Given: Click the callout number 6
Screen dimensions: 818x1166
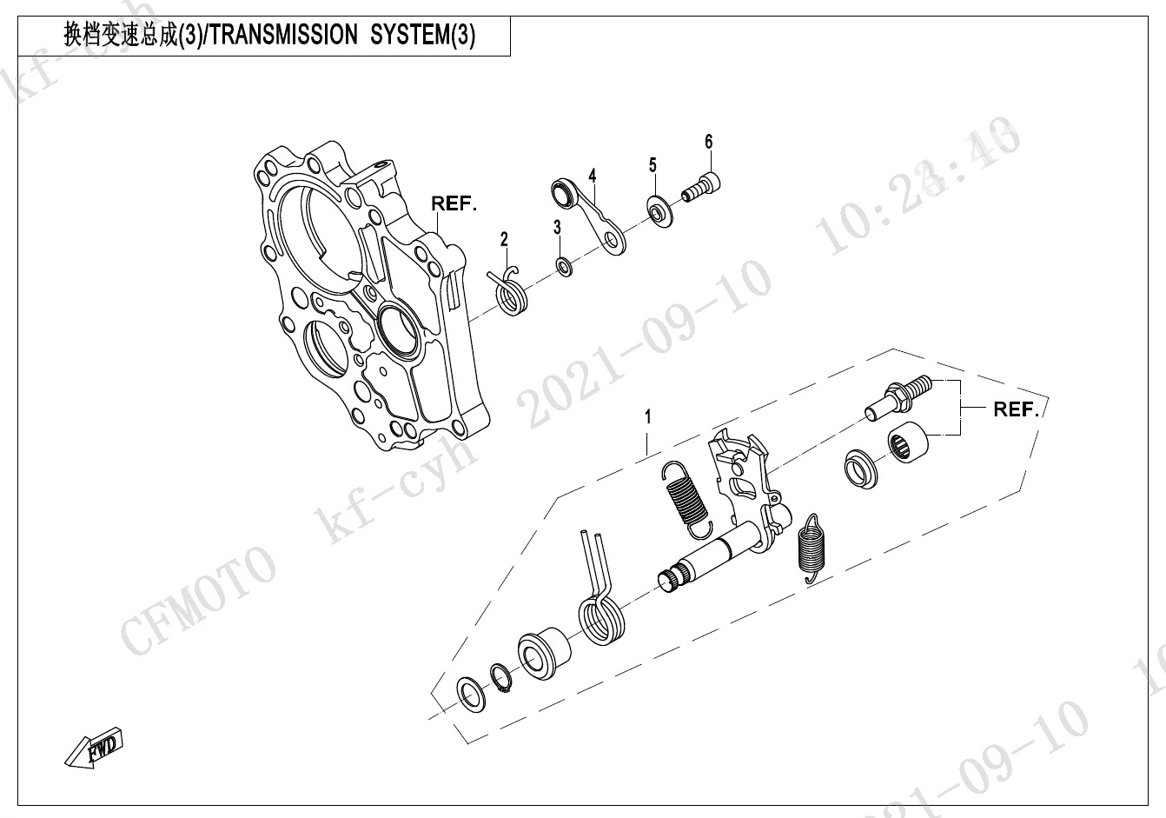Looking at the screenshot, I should tap(708, 142).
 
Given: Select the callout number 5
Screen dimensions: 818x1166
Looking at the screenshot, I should tap(652, 165).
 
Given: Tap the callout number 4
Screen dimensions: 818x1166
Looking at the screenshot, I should tap(592, 176).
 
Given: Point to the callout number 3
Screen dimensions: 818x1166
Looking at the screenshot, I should tap(558, 227).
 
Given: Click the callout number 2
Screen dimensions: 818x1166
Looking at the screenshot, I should tap(503, 238).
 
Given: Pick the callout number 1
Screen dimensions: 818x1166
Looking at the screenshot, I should tap(646, 417).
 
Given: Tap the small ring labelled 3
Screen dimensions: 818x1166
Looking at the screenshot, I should tap(564, 265).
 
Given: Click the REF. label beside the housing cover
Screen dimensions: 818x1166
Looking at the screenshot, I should tap(454, 204).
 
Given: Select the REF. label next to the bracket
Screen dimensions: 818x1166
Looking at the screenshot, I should tap(1016, 409).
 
